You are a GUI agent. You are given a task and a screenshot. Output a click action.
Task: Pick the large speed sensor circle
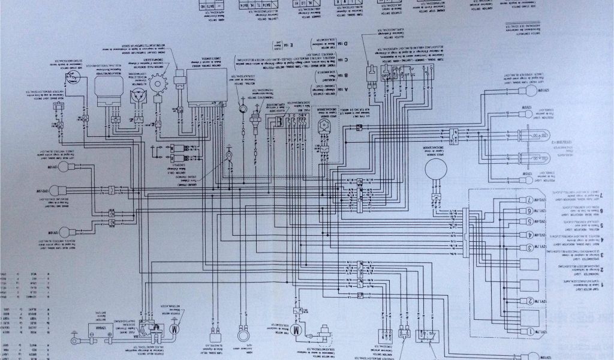pos(437,171)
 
